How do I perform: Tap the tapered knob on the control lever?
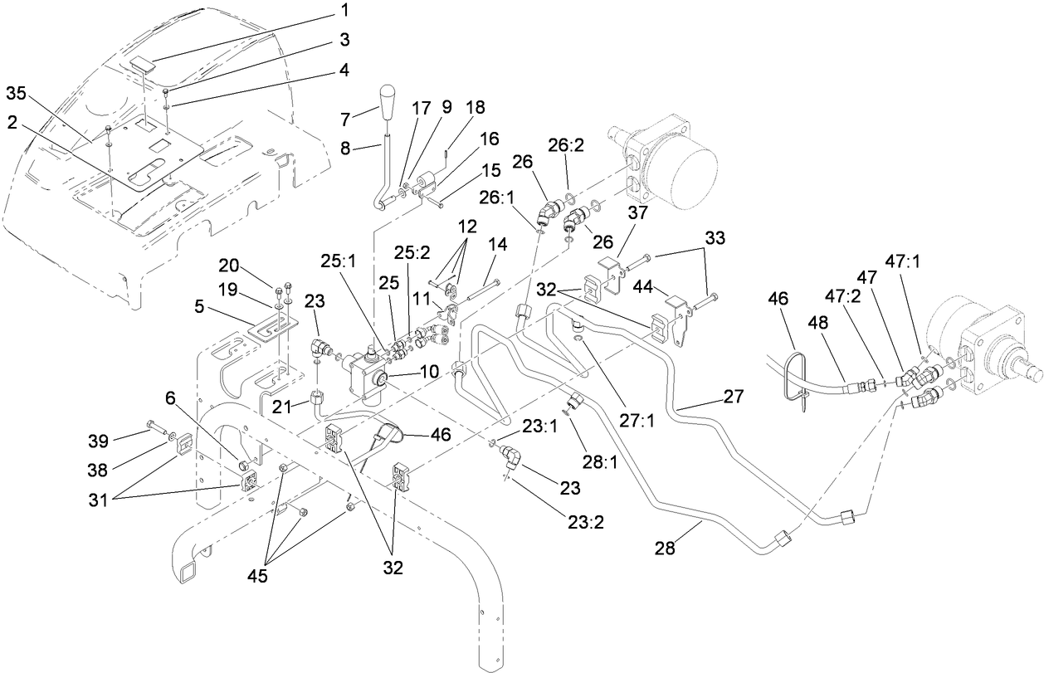[391, 101]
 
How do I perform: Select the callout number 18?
[476, 107]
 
